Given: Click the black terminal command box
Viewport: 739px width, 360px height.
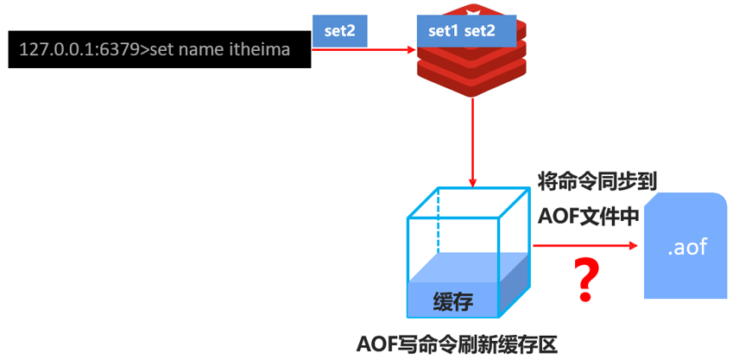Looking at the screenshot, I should [x=159, y=51].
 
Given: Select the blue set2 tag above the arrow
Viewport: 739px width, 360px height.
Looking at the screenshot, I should [x=340, y=32].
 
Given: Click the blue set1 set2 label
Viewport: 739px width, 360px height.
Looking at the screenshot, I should [x=462, y=32].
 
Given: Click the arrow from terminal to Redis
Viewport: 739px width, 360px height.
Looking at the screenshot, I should [x=363, y=50].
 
